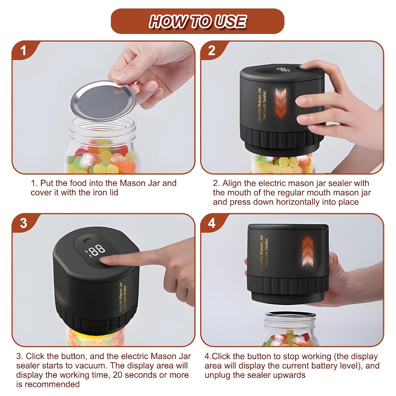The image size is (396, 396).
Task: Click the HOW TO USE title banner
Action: coord(197,21)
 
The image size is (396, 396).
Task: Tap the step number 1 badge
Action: coord(23,50)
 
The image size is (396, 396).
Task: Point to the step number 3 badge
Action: coord(23,223)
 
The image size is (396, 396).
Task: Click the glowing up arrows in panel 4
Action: coord(307,251)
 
